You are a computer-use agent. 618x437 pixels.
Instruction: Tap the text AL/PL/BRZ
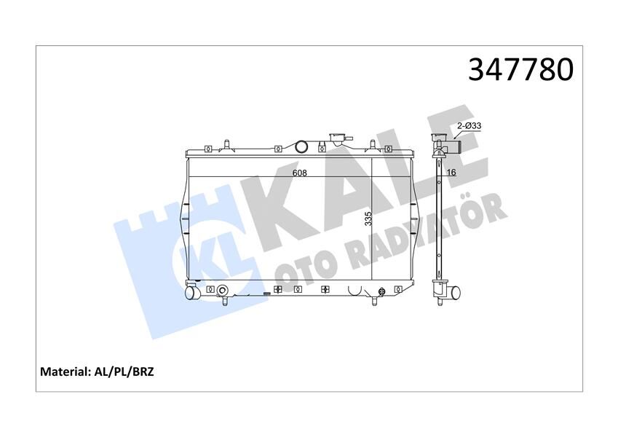coord(125,371)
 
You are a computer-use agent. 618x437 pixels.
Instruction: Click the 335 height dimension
coord(368,218)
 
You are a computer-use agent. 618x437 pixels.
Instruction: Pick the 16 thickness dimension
coord(451,173)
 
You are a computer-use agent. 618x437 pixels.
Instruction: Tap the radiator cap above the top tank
coord(337,138)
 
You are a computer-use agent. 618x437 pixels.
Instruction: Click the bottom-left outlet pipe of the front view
coord(191,293)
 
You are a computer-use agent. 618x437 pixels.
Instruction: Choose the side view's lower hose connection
coord(453,293)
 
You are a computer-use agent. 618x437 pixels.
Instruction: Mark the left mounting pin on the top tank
coord(227,143)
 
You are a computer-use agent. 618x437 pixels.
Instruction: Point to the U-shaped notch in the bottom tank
coord(355,291)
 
